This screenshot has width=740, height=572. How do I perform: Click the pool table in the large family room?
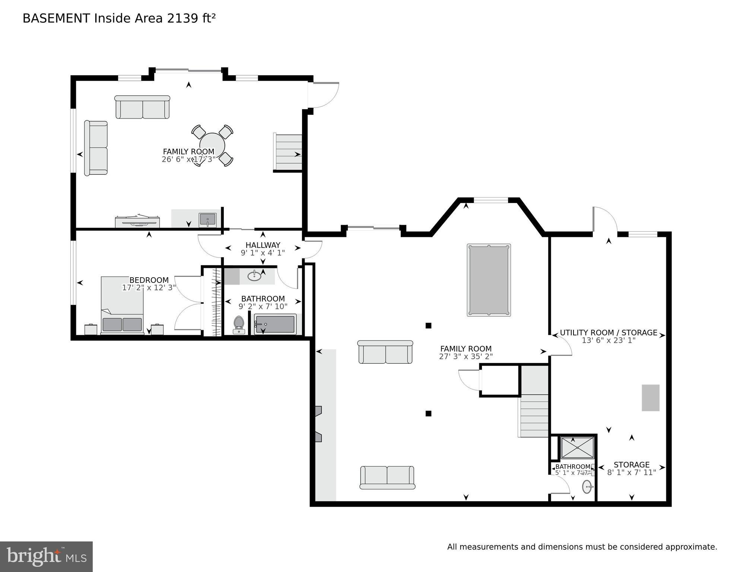pos(489,280)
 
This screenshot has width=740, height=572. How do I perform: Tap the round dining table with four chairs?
pos(212,145)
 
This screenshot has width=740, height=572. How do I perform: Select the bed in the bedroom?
pos(122,305)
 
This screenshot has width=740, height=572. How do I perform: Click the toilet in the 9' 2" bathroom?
pos(239,325)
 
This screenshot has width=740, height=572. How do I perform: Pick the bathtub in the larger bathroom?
pos(275,324)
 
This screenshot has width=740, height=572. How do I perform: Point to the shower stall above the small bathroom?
pos(578,448)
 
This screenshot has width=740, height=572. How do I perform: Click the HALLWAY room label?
pos(263,245)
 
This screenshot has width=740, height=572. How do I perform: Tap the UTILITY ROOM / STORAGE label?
pos(609,332)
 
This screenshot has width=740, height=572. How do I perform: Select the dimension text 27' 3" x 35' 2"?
pos(466,356)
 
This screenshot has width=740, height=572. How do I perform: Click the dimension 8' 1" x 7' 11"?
pos(631,473)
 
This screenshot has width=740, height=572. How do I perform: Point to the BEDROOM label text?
pos(149,280)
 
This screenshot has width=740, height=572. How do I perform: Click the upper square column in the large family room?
pos(428,326)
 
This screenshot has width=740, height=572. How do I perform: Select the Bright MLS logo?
pos(46,556)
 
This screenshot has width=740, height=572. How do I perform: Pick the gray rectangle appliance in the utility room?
pos(650,398)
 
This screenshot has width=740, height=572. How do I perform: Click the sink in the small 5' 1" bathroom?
pos(587,487)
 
